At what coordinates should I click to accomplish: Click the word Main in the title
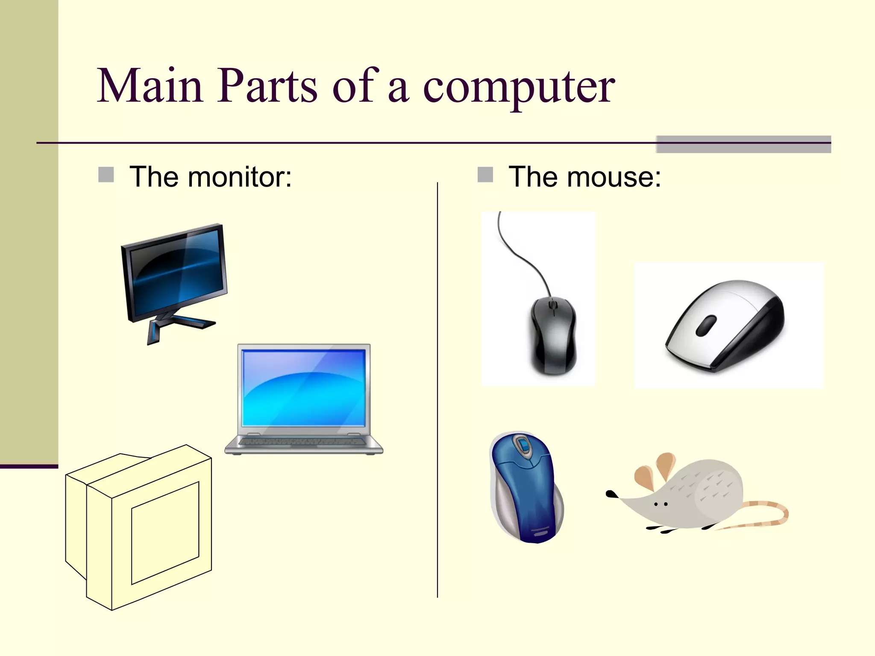(150, 86)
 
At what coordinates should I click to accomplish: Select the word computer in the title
(519, 87)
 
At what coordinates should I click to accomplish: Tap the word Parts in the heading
(267, 86)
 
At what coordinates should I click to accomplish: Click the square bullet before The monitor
(106, 175)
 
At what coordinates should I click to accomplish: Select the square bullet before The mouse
(485, 175)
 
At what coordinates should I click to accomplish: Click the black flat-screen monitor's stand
(171, 325)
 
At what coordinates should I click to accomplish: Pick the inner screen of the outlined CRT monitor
(165, 533)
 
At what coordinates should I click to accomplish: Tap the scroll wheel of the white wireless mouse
(706, 325)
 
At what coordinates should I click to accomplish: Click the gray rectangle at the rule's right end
(743, 144)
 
